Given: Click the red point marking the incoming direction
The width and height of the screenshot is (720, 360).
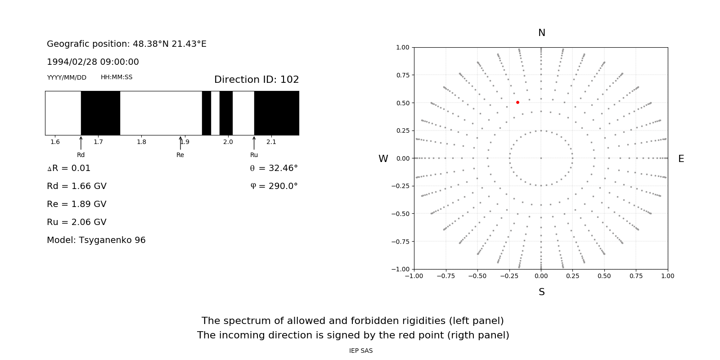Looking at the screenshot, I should pyautogui.click(x=517, y=103).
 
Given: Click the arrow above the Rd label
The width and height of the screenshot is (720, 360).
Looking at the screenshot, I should pyautogui.click(x=81, y=143).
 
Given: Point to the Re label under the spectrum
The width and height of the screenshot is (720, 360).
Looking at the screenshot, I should pyautogui.click(x=180, y=155).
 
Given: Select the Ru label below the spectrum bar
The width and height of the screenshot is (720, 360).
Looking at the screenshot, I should pyautogui.click(x=254, y=155).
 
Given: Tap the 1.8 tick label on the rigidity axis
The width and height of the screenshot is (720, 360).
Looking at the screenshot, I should pyautogui.click(x=141, y=142).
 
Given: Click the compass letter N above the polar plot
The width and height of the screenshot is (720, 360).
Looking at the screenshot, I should pyautogui.click(x=541, y=33).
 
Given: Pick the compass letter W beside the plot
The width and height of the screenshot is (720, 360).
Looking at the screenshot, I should pyautogui.click(x=383, y=159).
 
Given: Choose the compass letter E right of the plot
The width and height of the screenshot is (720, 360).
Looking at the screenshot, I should pyautogui.click(x=681, y=159).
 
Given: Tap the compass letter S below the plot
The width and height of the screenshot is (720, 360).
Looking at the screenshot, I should pyautogui.click(x=541, y=292).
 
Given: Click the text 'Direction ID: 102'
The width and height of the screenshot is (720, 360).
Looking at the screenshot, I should pyautogui.click(x=256, y=80).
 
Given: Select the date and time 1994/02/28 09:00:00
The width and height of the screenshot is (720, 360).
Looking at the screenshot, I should pyautogui.click(x=93, y=62).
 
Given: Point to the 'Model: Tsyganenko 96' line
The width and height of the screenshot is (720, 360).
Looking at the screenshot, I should pyautogui.click(x=96, y=240).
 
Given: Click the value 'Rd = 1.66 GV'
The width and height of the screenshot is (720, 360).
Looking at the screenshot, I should pyautogui.click(x=76, y=186).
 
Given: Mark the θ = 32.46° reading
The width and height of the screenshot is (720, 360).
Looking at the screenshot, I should pyautogui.click(x=274, y=168).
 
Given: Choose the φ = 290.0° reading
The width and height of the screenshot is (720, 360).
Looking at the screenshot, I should pyautogui.click(x=274, y=186).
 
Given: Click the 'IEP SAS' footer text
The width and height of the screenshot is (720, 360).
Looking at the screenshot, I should pyautogui.click(x=360, y=351).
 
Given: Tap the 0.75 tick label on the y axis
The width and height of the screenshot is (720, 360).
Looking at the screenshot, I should pyautogui.click(x=402, y=75).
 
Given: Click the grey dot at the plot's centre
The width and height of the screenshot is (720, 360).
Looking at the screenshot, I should pyautogui.click(x=541, y=158).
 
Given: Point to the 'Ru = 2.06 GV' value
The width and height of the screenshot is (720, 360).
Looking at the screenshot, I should pyautogui.click(x=76, y=222).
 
